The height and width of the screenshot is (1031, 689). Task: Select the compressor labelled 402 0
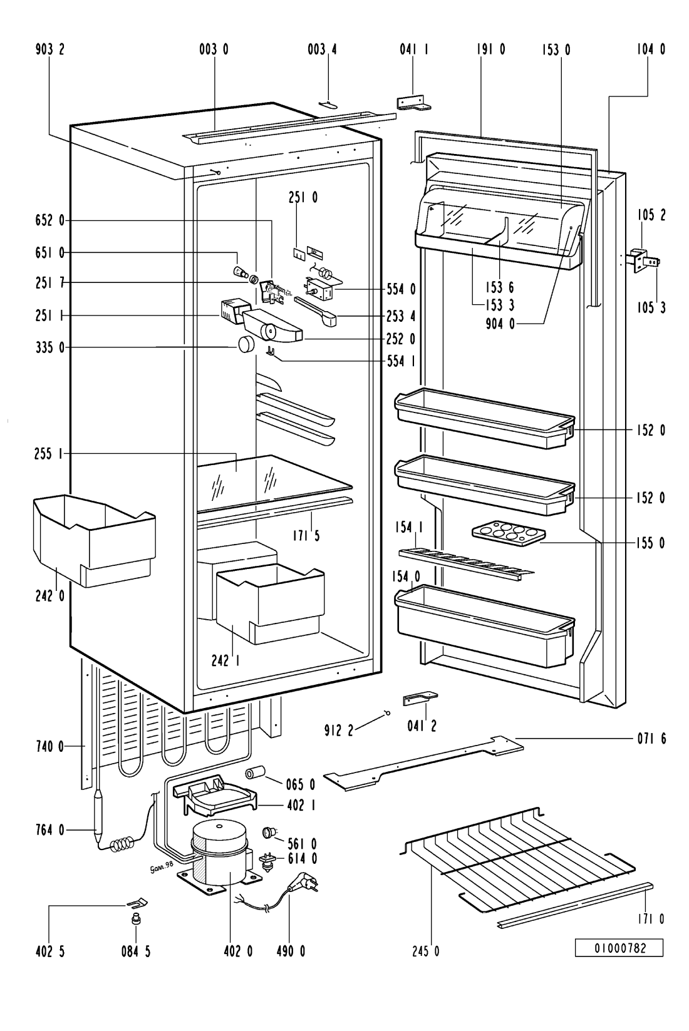point(219,854)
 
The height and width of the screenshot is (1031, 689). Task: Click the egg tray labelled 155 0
point(508,532)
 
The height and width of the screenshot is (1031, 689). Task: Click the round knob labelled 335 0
point(246,345)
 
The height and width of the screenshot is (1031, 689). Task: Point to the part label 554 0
point(401,289)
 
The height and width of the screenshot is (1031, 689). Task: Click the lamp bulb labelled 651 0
point(239,272)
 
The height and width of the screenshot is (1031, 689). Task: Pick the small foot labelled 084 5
point(134,920)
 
